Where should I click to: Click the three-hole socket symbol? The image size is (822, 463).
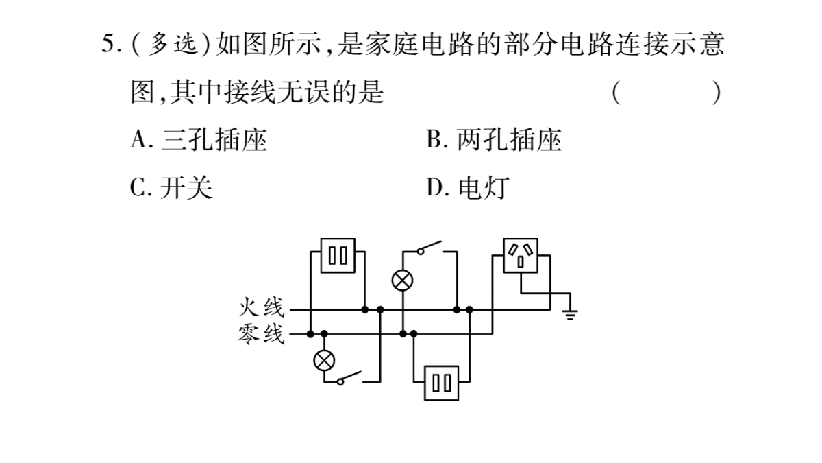pyautogui.click(x=521, y=255)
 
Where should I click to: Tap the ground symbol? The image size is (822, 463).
pyautogui.click(x=570, y=315)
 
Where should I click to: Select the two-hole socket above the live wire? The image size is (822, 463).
pyautogui.click(x=338, y=255)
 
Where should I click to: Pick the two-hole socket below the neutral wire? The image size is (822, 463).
pyautogui.click(x=441, y=383)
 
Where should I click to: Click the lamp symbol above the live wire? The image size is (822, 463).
pyautogui.click(x=403, y=281)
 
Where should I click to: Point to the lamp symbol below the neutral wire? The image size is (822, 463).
pyautogui.click(x=324, y=360)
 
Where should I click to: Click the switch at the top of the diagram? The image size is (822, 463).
pyautogui.click(x=430, y=248)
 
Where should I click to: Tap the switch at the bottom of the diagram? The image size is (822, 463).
pyautogui.click(x=350, y=378)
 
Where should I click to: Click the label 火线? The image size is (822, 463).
pyautogui.click(x=262, y=307)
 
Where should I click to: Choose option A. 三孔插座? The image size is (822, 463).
pyautogui.click(x=199, y=140)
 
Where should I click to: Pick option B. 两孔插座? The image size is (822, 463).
pyautogui.click(x=494, y=140)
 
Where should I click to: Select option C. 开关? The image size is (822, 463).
pyautogui.click(x=171, y=187)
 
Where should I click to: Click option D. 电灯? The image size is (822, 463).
pyautogui.click(x=467, y=187)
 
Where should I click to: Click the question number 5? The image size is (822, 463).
pyautogui.click(x=108, y=44)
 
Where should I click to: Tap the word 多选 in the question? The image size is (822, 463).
pyautogui.click(x=173, y=44)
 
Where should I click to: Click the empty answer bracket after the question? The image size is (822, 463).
pyautogui.click(x=667, y=92)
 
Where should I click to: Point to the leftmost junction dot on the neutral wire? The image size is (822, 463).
pyautogui.click(x=310, y=334)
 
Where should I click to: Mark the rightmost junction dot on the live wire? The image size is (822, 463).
pyautogui.click(x=469, y=310)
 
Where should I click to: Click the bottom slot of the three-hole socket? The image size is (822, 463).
pyautogui.click(x=521, y=262)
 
